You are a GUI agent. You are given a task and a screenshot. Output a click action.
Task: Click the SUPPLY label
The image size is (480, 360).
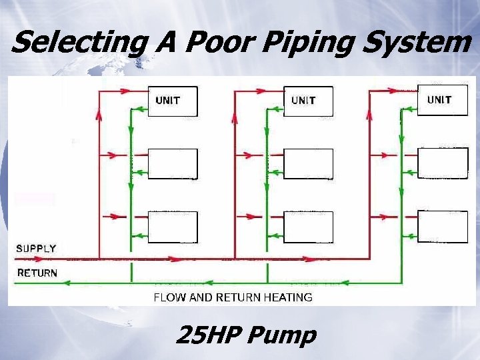36,248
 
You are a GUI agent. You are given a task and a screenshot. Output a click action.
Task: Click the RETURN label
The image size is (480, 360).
37,273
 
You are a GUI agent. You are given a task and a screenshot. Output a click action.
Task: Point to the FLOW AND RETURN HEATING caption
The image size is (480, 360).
233,297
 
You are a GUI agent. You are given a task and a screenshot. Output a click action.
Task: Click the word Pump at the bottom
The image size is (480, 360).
281,336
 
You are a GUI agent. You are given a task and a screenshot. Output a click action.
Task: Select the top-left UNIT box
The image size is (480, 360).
173,101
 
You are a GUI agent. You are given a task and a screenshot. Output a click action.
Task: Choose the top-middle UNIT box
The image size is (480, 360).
308,101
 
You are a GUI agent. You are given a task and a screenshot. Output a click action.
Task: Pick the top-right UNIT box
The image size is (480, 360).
443,100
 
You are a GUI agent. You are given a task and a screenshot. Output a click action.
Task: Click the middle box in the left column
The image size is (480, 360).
173,164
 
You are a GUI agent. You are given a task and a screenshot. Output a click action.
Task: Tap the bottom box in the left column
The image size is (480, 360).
173,227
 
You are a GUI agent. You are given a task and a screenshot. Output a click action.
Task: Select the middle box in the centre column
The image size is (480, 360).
308,164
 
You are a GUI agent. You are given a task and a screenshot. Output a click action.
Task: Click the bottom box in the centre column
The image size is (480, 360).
308,227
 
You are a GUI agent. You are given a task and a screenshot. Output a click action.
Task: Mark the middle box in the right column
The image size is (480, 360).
443,163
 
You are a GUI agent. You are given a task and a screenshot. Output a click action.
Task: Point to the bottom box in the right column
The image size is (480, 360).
443,226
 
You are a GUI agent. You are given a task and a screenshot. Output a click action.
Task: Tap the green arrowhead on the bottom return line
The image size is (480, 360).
66,283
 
